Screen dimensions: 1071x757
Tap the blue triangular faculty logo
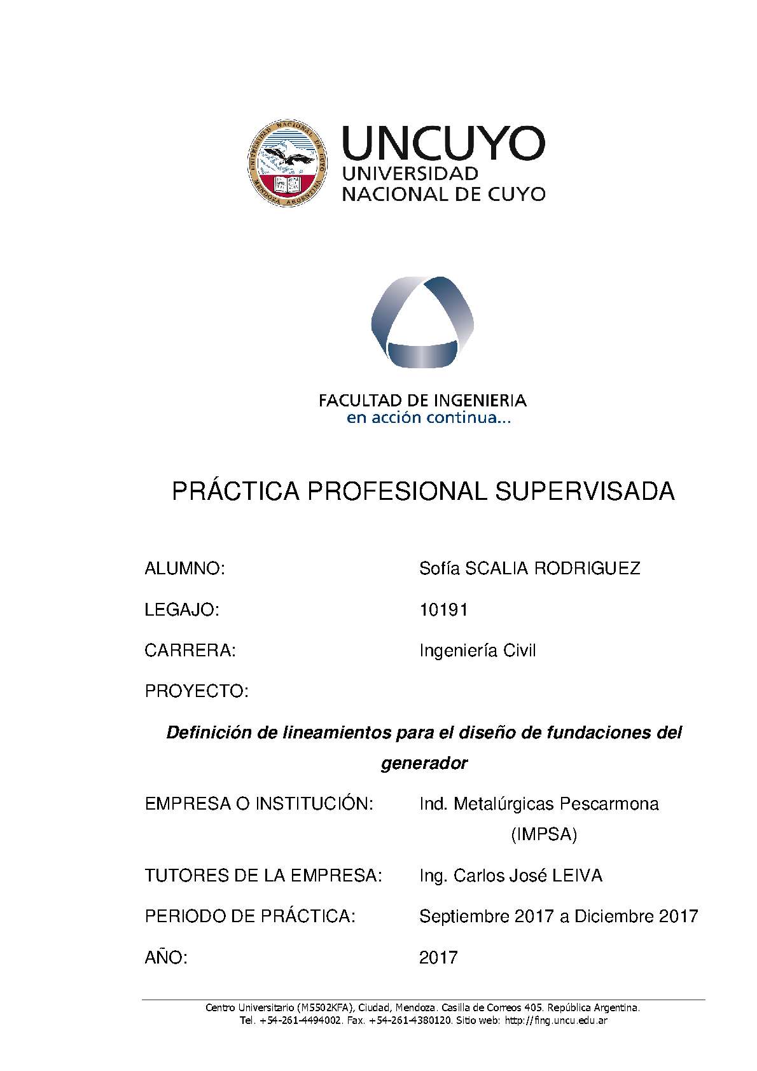click(422, 322)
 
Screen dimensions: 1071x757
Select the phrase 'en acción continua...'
click(427, 418)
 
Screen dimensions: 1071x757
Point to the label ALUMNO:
click(185, 569)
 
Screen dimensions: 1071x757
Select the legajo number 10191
click(443, 610)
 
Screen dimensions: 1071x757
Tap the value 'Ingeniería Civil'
click(477, 651)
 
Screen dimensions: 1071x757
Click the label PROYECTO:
click(197, 691)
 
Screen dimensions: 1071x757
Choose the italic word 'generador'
click(424, 763)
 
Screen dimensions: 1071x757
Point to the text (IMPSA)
click(544, 834)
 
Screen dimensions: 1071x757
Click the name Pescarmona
click(609, 804)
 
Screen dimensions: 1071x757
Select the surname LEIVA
click(577, 876)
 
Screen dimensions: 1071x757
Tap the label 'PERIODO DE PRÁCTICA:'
click(250, 916)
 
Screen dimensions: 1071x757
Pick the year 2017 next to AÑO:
click(438, 957)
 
